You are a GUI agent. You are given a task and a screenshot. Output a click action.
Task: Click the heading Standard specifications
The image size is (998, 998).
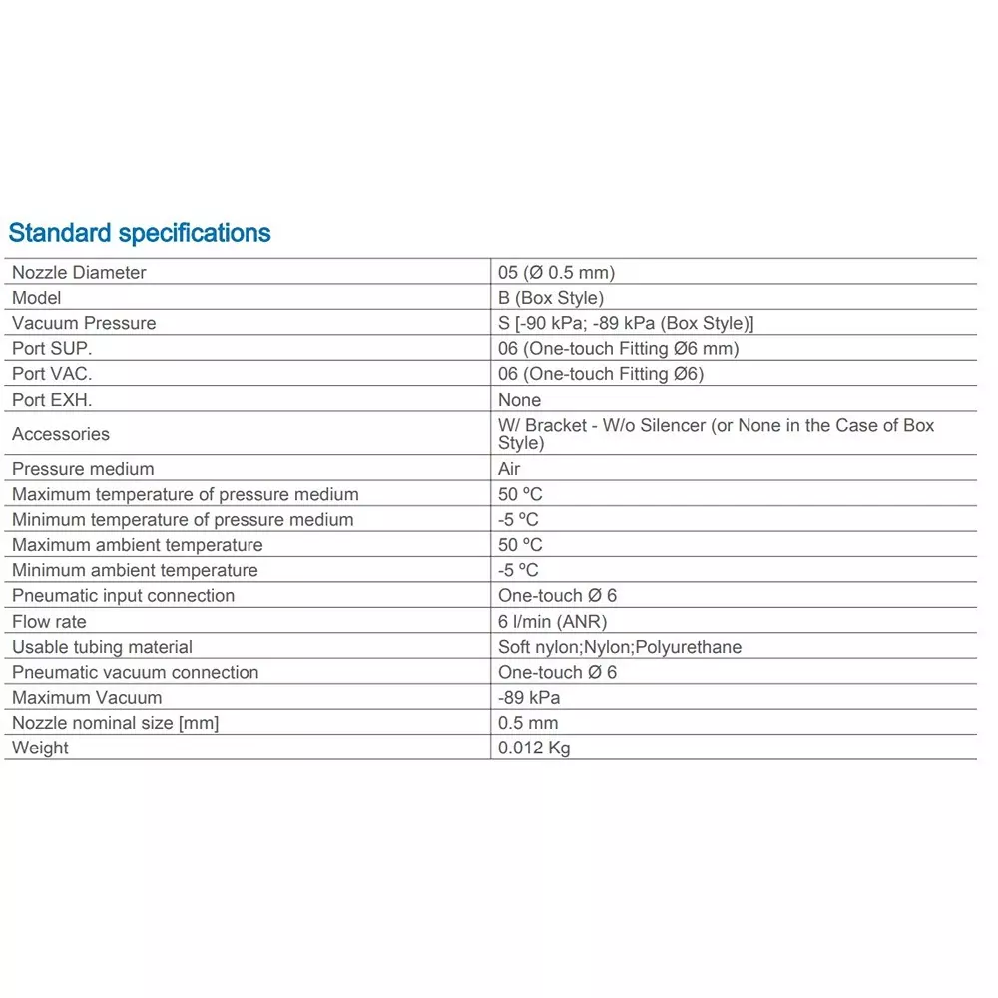click(x=140, y=233)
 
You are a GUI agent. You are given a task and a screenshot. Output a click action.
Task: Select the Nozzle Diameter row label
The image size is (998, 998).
click(x=79, y=272)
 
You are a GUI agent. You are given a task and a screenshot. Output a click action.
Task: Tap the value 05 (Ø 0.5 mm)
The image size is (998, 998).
click(x=556, y=272)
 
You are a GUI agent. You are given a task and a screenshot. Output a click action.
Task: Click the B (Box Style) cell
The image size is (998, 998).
click(x=551, y=298)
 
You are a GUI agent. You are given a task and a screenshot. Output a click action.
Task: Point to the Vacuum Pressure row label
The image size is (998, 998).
click(x=84, y=323)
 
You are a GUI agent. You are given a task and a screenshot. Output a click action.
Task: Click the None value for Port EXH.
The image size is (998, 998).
click(x=519, y=400)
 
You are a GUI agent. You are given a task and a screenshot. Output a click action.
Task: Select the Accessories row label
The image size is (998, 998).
click(x=61, y=434)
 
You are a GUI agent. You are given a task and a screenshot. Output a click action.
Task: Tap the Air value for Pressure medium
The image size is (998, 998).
click(x=509, y=469)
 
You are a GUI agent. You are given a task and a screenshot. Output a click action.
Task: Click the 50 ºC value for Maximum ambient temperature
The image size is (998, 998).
click(x=520, y=545)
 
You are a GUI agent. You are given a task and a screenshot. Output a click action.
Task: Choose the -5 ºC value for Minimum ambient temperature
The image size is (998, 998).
click(x=518, y=570)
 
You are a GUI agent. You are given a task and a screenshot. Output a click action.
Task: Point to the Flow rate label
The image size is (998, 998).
click(x=49, y=621)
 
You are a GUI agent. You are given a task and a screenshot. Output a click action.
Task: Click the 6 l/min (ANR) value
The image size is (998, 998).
click(x=552, y=621)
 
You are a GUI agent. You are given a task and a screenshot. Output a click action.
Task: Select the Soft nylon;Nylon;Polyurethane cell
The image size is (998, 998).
click(x=620, y=647)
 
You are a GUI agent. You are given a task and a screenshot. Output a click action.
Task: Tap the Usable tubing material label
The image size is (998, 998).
click(x=102, y=647)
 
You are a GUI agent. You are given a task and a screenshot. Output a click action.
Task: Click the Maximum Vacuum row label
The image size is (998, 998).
click(x=87, y=697)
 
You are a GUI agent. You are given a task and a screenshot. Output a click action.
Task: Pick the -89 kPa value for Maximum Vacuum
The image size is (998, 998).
click(x=529, y=697)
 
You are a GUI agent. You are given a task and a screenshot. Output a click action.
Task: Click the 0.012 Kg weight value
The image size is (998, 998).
click(x=534, y=748)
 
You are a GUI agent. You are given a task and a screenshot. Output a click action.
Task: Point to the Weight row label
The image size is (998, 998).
click(x=40, y=748)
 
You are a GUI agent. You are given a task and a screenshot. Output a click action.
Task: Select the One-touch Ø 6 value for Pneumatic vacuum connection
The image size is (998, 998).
click(x=557, y=672)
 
